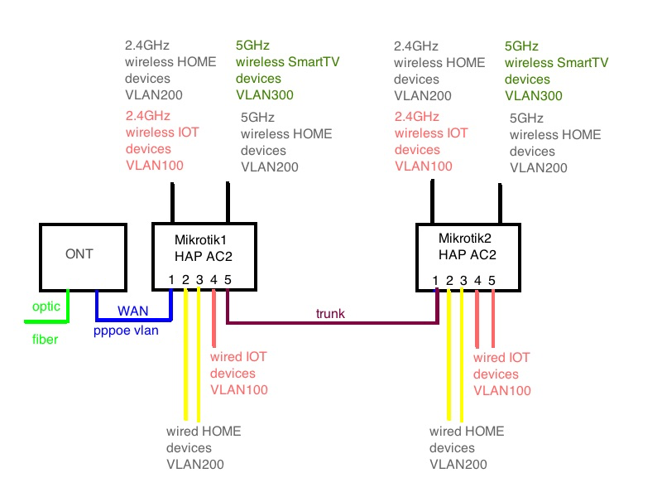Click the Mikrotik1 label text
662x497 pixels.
tap(204, 239)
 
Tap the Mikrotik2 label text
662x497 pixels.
tap(468, 238)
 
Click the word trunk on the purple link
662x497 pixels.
tap(329, 313)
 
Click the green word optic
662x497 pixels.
tap(46, 306)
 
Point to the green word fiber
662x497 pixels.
tap(45, 339)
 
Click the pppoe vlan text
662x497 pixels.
tap(127, 331)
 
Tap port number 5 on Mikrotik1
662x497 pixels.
tap(227, 280)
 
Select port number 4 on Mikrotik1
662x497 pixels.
tap(213, 280)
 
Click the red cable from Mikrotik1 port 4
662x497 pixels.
tap(213, 323)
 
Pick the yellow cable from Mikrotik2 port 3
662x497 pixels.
tap(463, 356)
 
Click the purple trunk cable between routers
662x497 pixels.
tap(331, 322)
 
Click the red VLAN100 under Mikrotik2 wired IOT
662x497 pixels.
tap(501, 390)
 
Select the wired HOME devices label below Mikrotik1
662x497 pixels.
tap(204, 447)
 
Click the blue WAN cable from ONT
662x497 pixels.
tap(132, 320)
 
